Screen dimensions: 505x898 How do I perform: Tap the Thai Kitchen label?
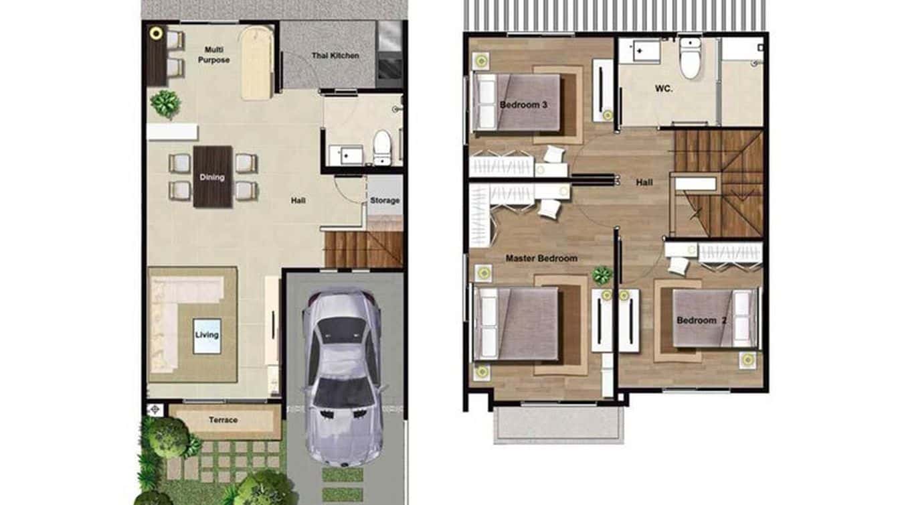[x=335, y=56]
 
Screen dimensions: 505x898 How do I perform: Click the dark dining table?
[x=213, y=177]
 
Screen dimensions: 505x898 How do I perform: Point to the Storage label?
[x=385, y=200]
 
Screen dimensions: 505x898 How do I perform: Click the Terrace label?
[x=223, y=420]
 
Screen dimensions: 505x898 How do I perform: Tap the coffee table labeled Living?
[x=207, y=335]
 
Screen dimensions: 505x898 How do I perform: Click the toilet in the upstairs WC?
[x=689, y=59]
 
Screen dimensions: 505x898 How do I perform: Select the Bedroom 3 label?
[x=523, y=104]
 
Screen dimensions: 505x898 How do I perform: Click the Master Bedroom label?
[x=541, y=258]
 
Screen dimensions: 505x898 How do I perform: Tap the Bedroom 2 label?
[x=701, y=320]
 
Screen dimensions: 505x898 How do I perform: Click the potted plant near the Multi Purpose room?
[x=165, y=104]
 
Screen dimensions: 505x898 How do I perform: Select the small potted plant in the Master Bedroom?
[x=602, y=275]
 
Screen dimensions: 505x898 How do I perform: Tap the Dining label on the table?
[x=212, y=177]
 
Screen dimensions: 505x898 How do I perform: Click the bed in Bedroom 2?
[x=713, y=318]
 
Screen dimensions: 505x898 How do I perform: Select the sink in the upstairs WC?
[x=638, y=50]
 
